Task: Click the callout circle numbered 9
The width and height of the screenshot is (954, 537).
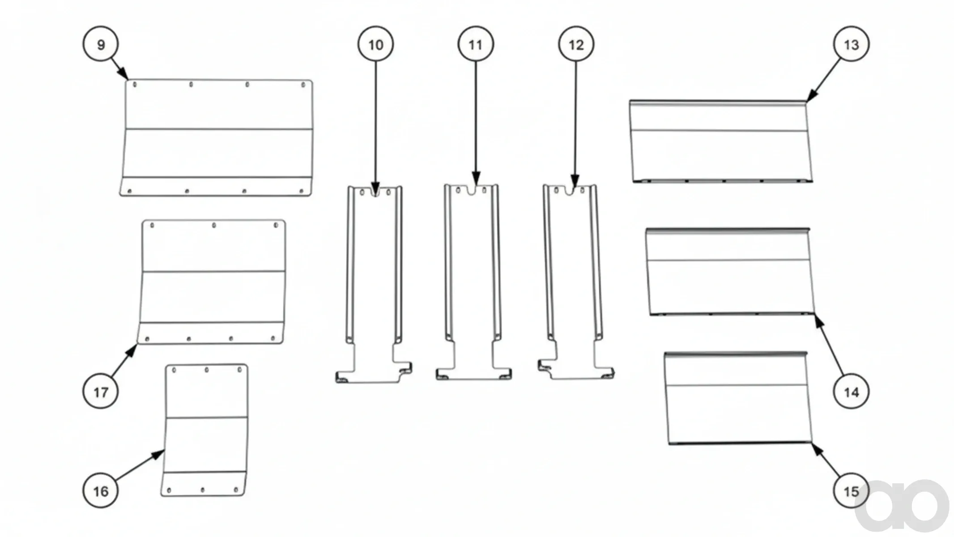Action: (x=101, y=44)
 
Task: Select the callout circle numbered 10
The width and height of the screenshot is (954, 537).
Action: (x=375, y=44)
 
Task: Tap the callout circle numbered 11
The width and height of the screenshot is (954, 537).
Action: (x=476, y=44)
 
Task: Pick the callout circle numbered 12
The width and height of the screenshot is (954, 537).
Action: (x=576, y=44)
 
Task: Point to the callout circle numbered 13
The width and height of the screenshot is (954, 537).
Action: (x=851, y=44)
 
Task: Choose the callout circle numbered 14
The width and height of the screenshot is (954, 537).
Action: (x=851, y=392)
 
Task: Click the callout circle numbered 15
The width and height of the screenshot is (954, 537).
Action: (x=851, y=491)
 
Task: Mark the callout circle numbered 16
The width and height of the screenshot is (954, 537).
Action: (x=101, y=491)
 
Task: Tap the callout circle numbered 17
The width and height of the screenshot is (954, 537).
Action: (x=101, y=392)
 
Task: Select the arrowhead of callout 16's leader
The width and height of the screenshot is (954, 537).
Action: (x=158, y=455)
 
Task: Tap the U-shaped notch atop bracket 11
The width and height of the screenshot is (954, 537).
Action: (x=471, y=190)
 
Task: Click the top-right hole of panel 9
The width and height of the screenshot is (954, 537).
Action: (x=303, y=85)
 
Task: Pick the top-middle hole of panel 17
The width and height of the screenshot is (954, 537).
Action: (x=214, y=225)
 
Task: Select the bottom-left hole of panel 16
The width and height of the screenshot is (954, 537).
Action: (x=169, y=490)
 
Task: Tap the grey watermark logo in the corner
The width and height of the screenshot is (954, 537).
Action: (x=902, y=505)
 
